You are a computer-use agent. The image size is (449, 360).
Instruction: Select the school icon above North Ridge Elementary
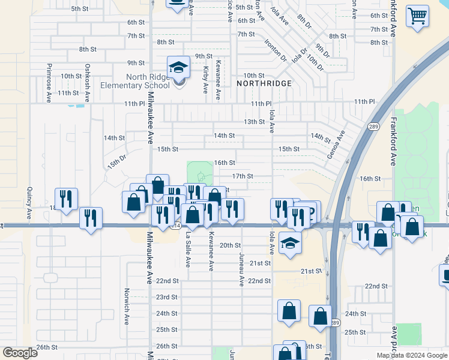[178, 68]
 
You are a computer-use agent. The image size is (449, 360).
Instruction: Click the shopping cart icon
[417, 16]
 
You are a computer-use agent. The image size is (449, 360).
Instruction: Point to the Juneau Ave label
[242, 268]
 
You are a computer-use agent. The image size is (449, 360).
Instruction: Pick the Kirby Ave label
[205, 80]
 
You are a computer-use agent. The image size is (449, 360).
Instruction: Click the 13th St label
[254, 122]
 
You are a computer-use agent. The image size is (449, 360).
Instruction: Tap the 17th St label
[243, 176]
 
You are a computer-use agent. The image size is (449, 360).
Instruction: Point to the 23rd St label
[167, 298]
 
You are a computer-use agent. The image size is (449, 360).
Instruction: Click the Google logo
[20, 353]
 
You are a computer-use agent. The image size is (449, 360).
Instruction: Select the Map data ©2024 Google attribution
[412, 355]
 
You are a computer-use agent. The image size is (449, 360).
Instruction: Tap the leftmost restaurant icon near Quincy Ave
[66, 199]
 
